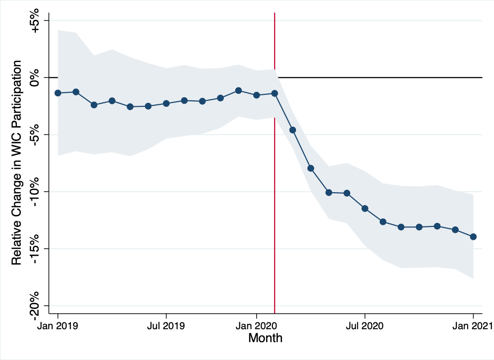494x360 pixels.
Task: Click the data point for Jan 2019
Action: (x=58, y=93)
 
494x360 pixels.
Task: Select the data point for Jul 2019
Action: (x=166, y=103)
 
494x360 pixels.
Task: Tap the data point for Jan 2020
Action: (x=257, y=95)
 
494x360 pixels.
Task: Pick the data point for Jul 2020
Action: (x=365, y=209)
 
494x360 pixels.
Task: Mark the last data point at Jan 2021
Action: (x=473, y=237)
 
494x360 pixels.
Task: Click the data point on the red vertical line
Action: (x=275, y=93)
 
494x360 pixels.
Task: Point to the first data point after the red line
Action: (x=293, y=130)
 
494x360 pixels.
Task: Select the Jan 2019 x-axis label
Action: (x=58, y=326)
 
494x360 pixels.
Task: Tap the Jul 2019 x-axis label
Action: (x=166, y=326)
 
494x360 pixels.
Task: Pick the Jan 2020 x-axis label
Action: (x=257, y=326)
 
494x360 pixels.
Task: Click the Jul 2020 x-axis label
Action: (x=365, y=326)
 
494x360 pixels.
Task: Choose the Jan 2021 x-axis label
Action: (x=472, y=326)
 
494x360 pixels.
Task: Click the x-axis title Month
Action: (x=265, y=339)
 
